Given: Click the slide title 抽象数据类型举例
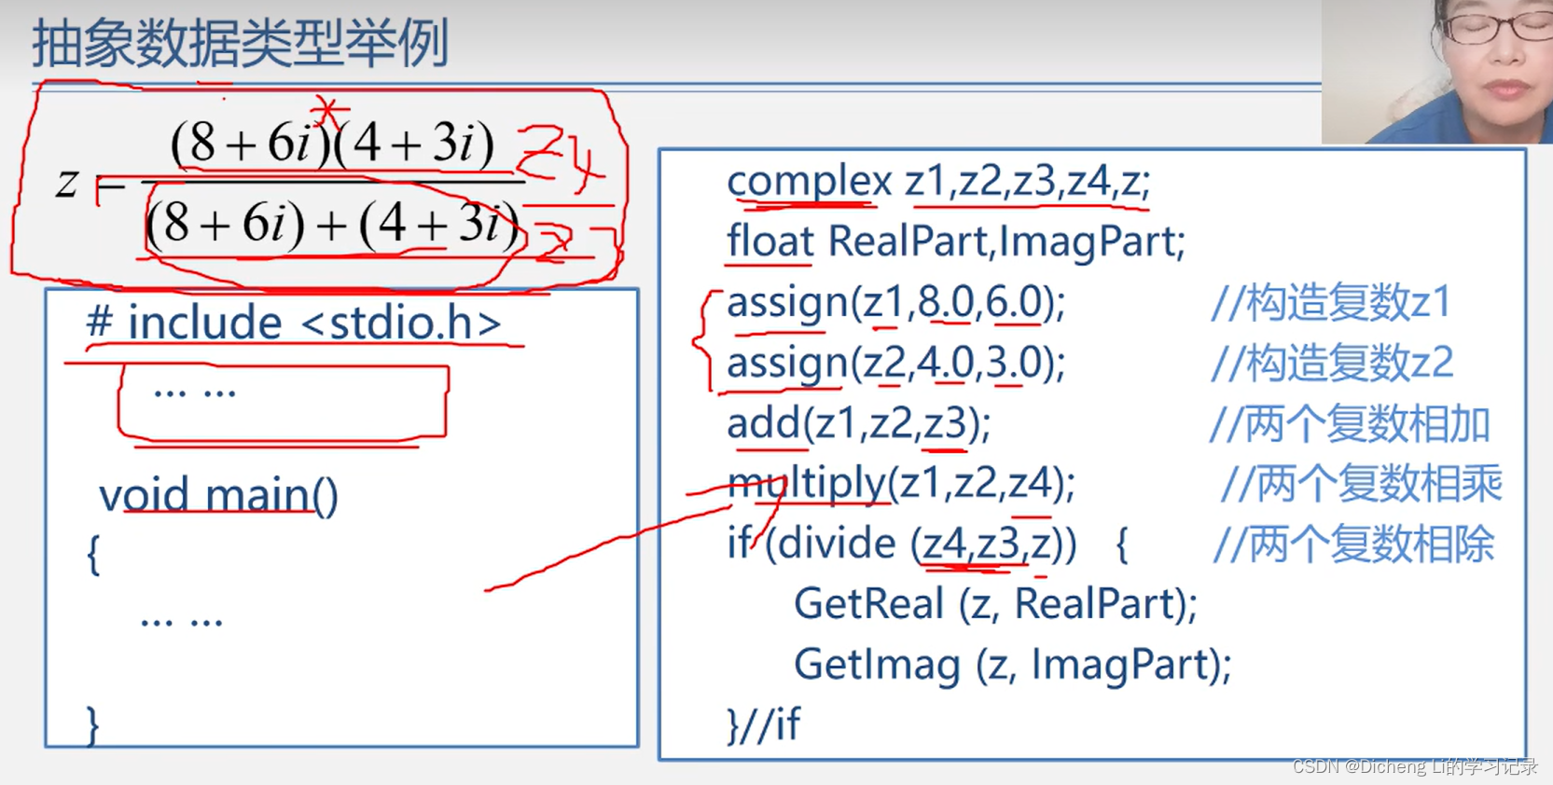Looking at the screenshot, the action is tap(241, 44).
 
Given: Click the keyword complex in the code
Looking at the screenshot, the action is tap(809, 181).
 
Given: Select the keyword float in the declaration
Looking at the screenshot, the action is tap(770, 241).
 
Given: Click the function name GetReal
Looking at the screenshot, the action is tap(868, 604).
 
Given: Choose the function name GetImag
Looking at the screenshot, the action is tap(877, 665).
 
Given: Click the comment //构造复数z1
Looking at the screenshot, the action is tap(1331, 302).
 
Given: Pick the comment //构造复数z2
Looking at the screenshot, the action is tap(1332, 363).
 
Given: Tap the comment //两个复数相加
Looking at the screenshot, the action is tap(1349, 423).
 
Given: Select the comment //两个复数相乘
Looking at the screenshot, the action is tap(1361, 484).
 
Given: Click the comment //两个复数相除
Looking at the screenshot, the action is tap(1353, 544).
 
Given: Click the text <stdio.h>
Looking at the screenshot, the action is tap(402, 324).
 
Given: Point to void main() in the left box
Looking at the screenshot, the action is tap(218, 495).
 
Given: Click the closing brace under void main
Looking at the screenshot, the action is tap(92, 724).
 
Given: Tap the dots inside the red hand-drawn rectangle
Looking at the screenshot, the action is tap(195, 392).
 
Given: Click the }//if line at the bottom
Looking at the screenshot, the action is tap(763, 724).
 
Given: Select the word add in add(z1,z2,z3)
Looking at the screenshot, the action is tap(763, 424).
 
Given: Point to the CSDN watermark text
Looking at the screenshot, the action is tap(1414, 766).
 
